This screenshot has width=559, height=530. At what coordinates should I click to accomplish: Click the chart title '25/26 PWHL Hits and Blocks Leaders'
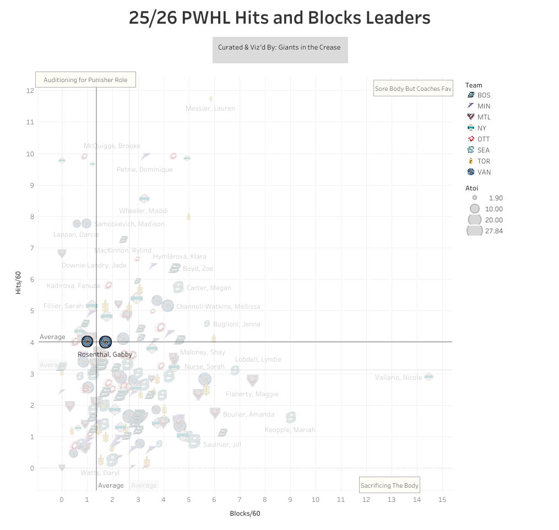(x=279, y=18)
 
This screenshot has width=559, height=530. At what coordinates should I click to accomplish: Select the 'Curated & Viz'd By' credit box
(x=280, y=47)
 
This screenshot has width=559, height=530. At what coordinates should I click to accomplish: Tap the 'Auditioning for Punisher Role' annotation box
(x=85, y=80)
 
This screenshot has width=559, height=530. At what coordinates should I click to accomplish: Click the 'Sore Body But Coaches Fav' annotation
(x=413, y=88)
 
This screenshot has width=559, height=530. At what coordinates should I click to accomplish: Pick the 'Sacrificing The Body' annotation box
(x=389, y=485)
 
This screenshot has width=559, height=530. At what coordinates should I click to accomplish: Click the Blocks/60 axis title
(x=245, y=513)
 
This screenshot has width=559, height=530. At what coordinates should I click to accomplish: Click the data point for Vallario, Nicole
(x=429, y=376)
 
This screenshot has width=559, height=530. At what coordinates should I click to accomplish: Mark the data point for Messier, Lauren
(x=210, y=99)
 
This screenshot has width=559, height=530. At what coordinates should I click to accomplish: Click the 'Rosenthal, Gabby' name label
(x=105, y=354)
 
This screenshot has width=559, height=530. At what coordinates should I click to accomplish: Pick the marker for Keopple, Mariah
(x=290, y=417)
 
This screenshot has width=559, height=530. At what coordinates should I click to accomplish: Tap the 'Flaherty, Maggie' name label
(x=252, y=394)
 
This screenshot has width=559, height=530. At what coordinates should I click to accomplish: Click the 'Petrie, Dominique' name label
(x=144, y=170)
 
